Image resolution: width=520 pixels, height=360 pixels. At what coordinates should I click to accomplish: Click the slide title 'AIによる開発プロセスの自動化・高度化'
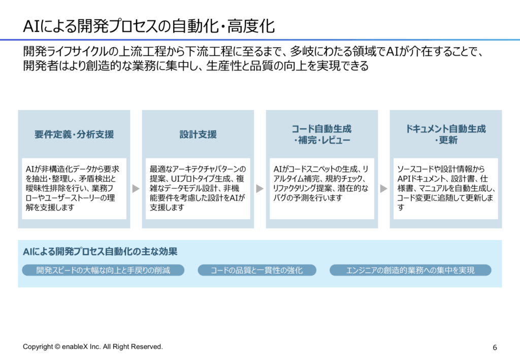point(149,26)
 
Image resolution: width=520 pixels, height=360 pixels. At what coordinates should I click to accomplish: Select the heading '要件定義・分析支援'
point(74,134)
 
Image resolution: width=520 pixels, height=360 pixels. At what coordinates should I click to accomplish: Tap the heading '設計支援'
point(198,134)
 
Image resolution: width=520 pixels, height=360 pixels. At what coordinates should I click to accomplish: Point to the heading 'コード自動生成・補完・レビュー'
point(321,134)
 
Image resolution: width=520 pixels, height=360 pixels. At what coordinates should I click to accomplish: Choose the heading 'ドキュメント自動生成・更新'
point(446,134)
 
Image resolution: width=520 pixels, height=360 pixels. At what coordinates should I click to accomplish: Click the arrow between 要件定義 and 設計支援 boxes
point(136,188)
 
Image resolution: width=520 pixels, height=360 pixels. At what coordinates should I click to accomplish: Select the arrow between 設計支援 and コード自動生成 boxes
point(259,188)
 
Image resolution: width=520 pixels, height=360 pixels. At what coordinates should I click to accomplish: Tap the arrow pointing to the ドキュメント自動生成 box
point(383,188)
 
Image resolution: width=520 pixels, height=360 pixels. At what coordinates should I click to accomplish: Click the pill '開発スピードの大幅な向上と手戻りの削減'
point(103,270)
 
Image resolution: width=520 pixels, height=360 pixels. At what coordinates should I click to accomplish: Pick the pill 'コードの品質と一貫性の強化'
point(256,270)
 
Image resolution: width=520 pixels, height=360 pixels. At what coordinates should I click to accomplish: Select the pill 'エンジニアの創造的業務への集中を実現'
point(410,270)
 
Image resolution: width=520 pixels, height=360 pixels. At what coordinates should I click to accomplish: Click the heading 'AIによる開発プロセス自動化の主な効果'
point(100,252)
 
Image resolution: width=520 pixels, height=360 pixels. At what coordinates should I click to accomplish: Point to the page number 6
point(495,347)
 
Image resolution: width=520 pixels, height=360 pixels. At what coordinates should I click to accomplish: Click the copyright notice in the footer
point(93,347)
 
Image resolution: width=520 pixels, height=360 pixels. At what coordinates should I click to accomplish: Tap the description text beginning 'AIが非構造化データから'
point(72,188)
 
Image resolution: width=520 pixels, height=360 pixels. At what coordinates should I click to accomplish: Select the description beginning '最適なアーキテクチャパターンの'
point(198,188)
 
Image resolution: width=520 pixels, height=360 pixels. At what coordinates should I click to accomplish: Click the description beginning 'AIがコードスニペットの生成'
point(321,184)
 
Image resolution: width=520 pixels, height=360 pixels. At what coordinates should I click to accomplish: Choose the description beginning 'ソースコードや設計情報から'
point(446,188)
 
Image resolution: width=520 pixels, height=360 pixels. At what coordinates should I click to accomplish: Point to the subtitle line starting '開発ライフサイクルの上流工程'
point(253,51)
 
